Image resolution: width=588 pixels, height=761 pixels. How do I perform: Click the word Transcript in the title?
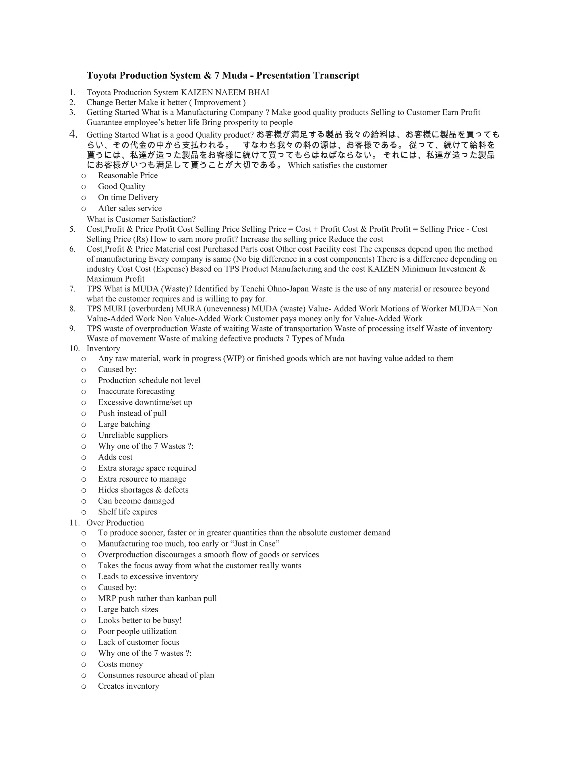tap(336, 76)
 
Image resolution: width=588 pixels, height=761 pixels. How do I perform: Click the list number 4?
tap(73, 134)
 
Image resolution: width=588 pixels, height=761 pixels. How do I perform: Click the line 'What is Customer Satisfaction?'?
tap(141, 219)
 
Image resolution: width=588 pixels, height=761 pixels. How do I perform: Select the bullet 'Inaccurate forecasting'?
tap(136, 391)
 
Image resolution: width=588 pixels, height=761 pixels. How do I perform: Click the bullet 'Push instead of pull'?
tap(132, 413)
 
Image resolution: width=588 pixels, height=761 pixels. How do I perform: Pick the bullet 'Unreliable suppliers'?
tap(133, 435)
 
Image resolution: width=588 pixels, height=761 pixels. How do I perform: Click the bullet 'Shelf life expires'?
tap(127, 512)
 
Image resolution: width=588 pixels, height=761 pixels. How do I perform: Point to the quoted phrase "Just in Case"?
tap(255, 544)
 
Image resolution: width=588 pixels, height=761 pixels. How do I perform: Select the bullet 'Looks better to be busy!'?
tap(140, 621)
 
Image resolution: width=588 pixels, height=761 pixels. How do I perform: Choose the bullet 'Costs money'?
tap(121, 664)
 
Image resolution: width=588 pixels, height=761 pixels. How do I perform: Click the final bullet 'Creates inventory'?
tap(129, 686)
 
